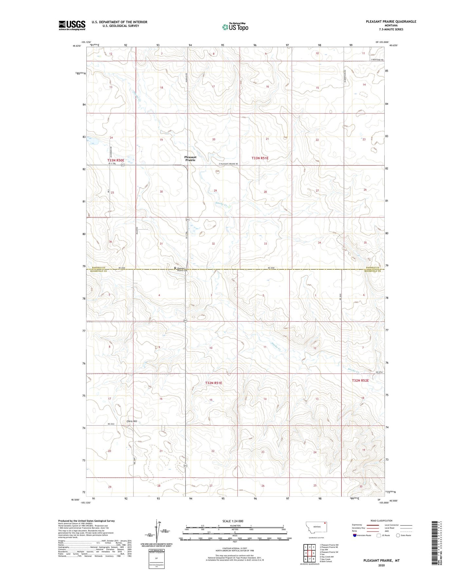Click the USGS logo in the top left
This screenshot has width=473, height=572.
coord(72,25)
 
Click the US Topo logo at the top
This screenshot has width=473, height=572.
coord(235,27)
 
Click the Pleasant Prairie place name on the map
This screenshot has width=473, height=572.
coord(190,159)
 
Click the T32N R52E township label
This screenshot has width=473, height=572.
coord(360,380)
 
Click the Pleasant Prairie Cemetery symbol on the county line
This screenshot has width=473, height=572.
coord(175,268)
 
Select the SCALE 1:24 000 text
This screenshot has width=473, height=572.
coord(233,521)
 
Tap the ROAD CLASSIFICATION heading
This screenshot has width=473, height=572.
coord(381,521)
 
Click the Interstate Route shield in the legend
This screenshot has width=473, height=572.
coord(355,535)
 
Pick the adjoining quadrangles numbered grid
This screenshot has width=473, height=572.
coord(309,553)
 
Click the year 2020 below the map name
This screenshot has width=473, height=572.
coord(381,565)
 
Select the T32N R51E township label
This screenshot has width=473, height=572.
coord(213,383)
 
